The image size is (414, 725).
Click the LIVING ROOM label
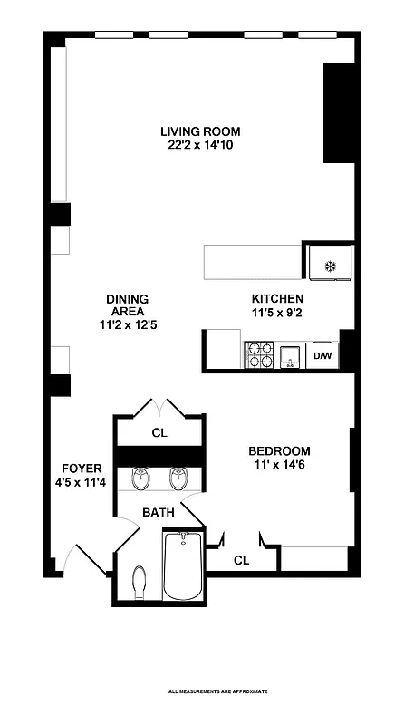201,131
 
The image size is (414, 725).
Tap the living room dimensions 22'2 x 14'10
201,145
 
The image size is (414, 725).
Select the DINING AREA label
127,305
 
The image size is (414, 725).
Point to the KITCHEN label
276,299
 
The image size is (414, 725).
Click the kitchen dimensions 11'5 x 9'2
276,313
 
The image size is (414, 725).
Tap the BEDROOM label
280,451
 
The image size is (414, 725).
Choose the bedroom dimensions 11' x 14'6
280,466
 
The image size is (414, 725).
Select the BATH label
158,513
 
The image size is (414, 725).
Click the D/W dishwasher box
323,356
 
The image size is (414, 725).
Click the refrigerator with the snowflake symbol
330,266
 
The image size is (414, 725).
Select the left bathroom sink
140,477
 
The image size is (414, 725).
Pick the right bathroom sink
177,477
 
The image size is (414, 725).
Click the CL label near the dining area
159,433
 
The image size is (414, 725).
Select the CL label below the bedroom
241,561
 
